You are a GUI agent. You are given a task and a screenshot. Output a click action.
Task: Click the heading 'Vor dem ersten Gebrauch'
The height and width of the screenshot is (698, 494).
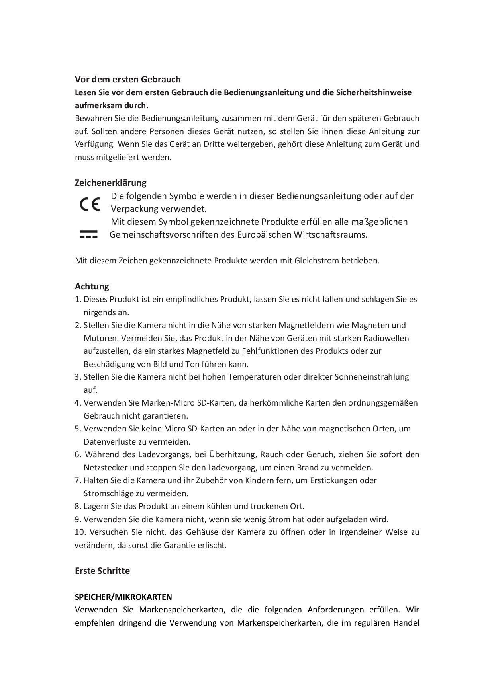tap(127, 79)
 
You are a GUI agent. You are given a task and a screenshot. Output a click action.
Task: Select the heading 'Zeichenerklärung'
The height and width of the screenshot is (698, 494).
tap(110, 183)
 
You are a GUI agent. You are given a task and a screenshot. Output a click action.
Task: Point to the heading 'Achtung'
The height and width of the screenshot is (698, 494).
tap(92, 286)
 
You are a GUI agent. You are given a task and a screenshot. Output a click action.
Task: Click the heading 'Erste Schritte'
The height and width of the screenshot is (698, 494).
tap(102, 571)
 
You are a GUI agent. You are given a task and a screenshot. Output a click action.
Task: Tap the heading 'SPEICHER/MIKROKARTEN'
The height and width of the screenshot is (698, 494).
tap(123, 597)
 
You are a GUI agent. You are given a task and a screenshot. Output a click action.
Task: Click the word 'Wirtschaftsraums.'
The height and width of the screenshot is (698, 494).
tap(330, 234)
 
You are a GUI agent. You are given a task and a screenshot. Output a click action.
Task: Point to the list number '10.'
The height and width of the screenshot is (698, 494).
tap(80, 532)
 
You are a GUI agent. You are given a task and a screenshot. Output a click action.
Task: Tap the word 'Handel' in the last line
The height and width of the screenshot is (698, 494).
tap(406, 623)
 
